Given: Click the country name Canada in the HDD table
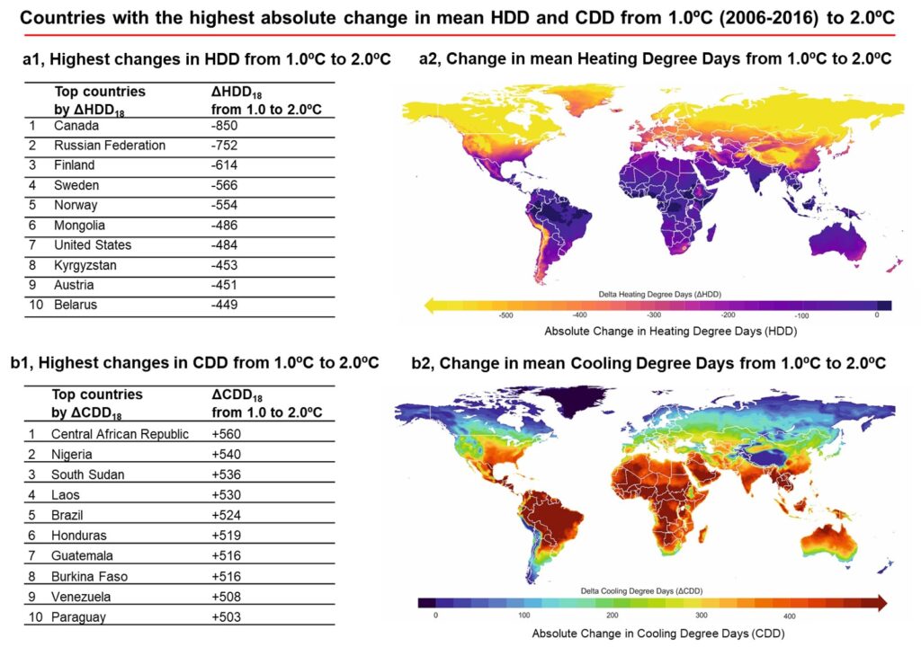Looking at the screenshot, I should point(76,126).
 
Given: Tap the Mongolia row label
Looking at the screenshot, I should point(79,226).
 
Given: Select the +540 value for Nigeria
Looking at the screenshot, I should point(228,455).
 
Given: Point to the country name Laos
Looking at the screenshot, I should point(67,495).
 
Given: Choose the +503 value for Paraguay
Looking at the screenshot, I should point(228,617).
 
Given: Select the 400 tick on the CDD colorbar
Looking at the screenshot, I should point(789,616).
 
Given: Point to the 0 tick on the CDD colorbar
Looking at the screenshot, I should point(435,616).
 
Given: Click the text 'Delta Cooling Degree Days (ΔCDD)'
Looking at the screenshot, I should point(655,589).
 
